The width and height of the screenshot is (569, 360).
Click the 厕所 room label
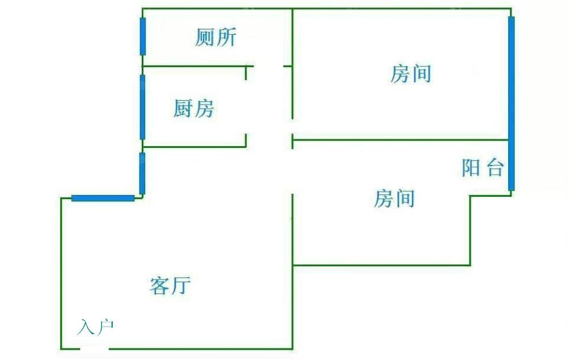[215, 38]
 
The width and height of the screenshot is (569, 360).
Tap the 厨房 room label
[193, 108]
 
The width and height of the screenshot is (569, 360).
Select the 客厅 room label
[170, 285]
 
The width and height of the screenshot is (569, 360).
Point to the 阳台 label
[483, 168]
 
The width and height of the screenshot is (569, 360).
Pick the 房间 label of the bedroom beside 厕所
[410, 74]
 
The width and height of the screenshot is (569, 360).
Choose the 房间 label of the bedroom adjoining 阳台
[394, 199]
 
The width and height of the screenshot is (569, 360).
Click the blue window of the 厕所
[143, 36]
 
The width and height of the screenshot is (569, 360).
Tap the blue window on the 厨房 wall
[142, 107]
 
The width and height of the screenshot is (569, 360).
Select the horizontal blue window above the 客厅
[103, 198]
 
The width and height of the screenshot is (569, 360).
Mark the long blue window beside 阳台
[511, 103]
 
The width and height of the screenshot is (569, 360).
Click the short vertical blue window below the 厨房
[142, 173]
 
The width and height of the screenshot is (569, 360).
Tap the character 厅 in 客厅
[180, 285]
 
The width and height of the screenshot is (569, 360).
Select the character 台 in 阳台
[495, 168]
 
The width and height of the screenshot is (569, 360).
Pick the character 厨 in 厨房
[183, 108]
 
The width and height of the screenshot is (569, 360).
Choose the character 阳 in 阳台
[471, 168]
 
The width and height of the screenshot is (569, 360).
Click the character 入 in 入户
[86, 328]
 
